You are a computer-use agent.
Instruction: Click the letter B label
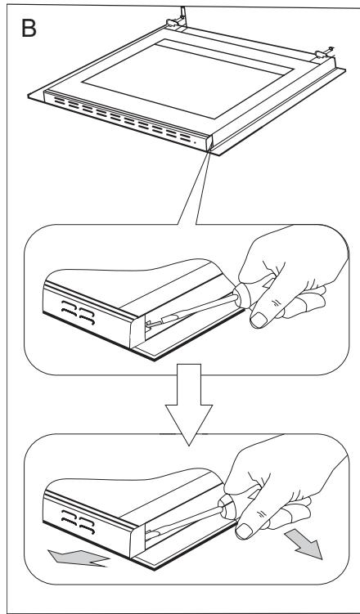tap(29, 29)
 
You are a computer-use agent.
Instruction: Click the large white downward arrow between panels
tap(189, 403)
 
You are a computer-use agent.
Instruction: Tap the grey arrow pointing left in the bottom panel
tap(78, 558)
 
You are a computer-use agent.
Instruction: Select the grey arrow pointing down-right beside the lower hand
tap(304, 544)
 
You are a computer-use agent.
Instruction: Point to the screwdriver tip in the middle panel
tap(149, 324)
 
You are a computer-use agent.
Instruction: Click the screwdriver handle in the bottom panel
tap(228, 506)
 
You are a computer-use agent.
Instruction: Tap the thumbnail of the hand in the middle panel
tap(259, 320)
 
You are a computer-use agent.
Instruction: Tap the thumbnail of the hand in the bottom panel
tap(244, 531)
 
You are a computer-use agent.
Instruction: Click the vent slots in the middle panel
tap(78, 312)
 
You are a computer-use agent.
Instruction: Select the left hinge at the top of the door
tap(176, 20)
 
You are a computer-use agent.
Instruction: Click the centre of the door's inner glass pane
tap(188, 78)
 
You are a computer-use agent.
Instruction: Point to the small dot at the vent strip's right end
tap(196, 141)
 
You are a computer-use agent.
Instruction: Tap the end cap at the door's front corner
tap(208, 143)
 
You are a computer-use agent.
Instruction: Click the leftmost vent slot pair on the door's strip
tap(60, 101)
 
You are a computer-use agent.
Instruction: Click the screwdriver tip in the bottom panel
tap(150, 534)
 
